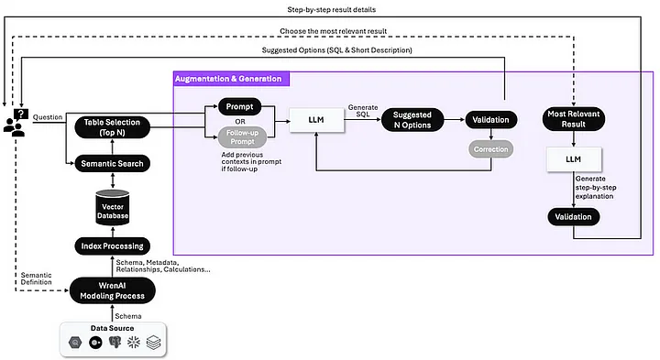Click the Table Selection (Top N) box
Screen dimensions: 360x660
click(109, 127)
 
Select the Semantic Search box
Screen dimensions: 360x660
click(109, 163)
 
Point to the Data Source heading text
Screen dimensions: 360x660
click(109, 327)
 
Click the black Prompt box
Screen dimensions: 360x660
click(239, 105)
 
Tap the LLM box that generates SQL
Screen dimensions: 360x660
click(316, 120)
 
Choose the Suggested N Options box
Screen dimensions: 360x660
click(412, 120)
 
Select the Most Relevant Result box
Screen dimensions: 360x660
click(573, 120)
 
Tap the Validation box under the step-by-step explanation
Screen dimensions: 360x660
click(573, 217)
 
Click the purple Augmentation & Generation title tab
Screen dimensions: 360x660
click(228, 80)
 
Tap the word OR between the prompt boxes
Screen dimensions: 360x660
click(239, 121)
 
